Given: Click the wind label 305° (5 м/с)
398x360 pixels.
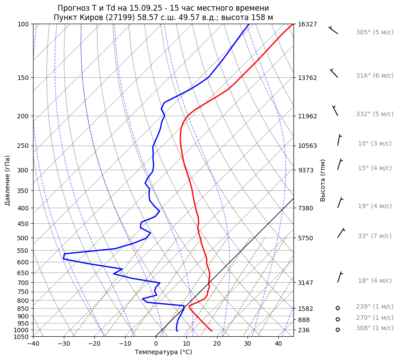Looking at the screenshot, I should click(x=374, y=33).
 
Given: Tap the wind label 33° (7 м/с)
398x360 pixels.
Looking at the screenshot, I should click(x=374, y=236).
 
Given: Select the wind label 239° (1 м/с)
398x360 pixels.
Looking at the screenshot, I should click(x=374, y=306).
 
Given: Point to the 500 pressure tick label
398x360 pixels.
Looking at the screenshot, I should click(x=23, y=238).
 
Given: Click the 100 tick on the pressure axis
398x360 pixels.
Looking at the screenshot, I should click(x=23, y=24).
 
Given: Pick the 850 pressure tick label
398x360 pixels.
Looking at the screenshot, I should click(x=23, y=309).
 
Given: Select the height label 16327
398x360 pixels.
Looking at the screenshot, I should click(x=307, y=24).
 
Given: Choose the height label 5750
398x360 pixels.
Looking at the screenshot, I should click(x=306, y=238).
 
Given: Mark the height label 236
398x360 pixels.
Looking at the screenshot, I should click(x=304, y=330).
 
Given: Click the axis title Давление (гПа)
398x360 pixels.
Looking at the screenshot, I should click(x=8, y=180).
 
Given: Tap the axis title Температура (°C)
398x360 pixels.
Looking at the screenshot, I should click(x=163, y=352).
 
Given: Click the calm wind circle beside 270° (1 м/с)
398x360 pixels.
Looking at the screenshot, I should click(x=338, y=319).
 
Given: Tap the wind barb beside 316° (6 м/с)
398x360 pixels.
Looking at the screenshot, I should click(x=334, y=73).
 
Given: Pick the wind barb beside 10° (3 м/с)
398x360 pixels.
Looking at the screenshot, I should click(x=339, y=140).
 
